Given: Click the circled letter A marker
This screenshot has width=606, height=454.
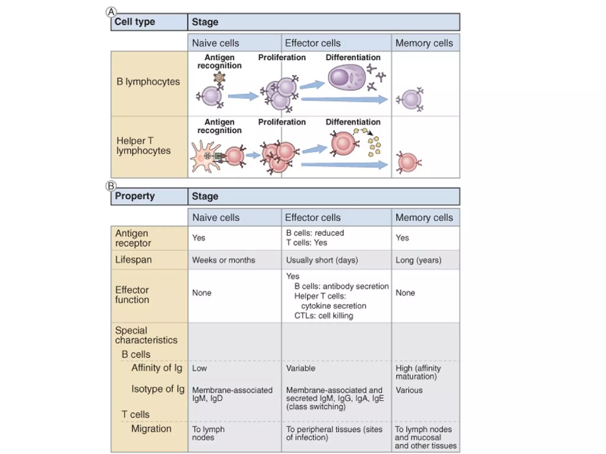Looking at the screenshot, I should click(111, 12).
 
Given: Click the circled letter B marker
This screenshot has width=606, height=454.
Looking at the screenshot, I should click(111, 186).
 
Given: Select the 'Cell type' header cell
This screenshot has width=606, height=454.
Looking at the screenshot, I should click(135, 22).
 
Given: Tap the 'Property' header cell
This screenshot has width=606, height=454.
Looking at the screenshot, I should click(135, 196).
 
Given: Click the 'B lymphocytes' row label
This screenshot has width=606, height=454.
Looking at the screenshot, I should click(148, 82).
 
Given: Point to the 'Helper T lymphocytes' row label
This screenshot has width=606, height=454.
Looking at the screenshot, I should click(144, 146).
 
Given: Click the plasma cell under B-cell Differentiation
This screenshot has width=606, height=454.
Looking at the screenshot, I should click(346, 77).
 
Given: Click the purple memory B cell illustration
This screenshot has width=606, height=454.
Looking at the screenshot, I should click(411, 100).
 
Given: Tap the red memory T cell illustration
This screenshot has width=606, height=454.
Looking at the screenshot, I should click(408, 163).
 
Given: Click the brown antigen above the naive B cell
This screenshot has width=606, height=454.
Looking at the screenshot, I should click(219, 77).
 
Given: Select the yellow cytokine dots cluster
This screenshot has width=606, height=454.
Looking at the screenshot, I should click(374, 146).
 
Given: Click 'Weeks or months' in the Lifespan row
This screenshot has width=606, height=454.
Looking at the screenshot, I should click(223, 260).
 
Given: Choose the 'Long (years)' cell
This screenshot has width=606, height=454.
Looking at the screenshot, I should click(418, 260).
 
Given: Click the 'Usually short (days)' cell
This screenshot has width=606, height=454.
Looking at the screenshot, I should click(322, 260).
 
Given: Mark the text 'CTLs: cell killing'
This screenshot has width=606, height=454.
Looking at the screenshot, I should click(323, 316).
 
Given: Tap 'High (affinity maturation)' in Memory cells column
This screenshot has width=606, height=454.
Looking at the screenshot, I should click(418, 372).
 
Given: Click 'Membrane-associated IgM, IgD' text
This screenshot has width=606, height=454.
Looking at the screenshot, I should click(232, 394).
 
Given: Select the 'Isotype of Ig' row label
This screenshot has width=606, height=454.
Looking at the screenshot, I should click(158, 389).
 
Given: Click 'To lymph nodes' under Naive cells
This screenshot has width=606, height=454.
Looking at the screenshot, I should click(208, 433).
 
